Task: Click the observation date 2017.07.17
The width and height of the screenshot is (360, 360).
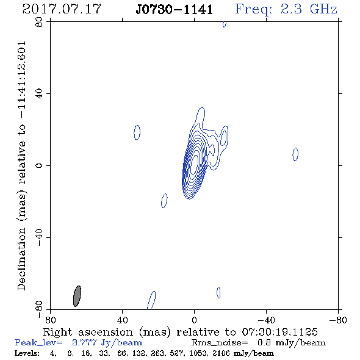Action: click(x=62, y=9)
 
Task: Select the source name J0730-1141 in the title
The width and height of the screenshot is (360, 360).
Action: click(x=175, y=9)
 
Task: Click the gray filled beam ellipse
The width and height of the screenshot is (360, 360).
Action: click(x=77, y=296)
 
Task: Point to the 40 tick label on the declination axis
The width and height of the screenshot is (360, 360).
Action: click(x=39, y=94)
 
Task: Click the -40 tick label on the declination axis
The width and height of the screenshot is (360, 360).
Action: click(x=39, y=237)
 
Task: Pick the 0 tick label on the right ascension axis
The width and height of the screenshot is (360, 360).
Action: click(x=194, y=320)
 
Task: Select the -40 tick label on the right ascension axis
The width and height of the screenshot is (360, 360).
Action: click(x=266, y=320)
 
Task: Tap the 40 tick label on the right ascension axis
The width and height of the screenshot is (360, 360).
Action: click(x=122, y=320)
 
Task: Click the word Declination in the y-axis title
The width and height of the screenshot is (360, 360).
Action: click(x=21, y=259)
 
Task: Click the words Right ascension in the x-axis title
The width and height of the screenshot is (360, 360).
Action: click(x=88, y=332)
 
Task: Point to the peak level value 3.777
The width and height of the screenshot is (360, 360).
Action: click(x=84, y=342)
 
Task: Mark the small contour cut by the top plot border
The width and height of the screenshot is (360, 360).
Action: click(x=225, y=24)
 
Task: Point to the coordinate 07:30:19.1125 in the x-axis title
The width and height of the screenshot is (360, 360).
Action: click(x=279, y=332)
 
